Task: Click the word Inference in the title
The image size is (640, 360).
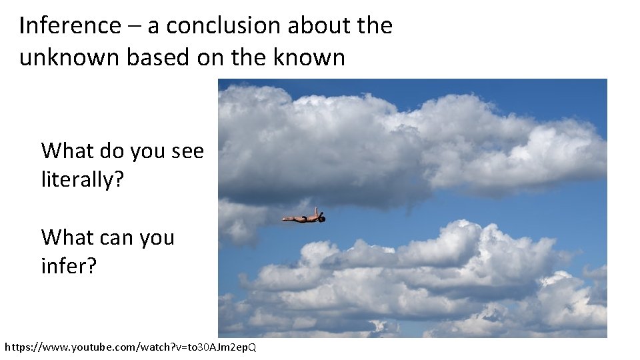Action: point(70,26)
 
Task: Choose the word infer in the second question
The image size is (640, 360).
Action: point(63,267)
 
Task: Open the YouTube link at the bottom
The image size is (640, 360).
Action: point(131,347)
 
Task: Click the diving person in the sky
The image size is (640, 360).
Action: point(304,217)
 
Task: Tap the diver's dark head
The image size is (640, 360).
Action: point(321,218)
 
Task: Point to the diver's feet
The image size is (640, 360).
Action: point(285,218)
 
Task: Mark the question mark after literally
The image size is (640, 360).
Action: point(119,180)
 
